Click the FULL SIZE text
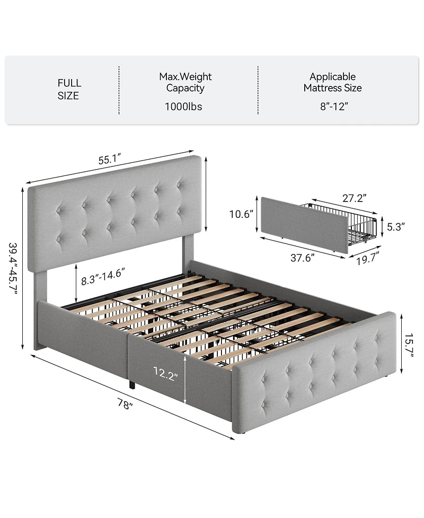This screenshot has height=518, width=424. [x=69, y=90]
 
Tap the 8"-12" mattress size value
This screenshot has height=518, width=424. [x=333, y=107]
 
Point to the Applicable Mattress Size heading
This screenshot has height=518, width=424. [x=333, y=82]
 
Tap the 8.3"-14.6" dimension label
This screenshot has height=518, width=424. [x=103, y=276]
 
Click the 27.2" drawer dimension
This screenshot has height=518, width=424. [x=354, y=198]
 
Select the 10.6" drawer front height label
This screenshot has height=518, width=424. [x=242, y=214]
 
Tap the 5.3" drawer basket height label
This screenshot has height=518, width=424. [x=395, y=226]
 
